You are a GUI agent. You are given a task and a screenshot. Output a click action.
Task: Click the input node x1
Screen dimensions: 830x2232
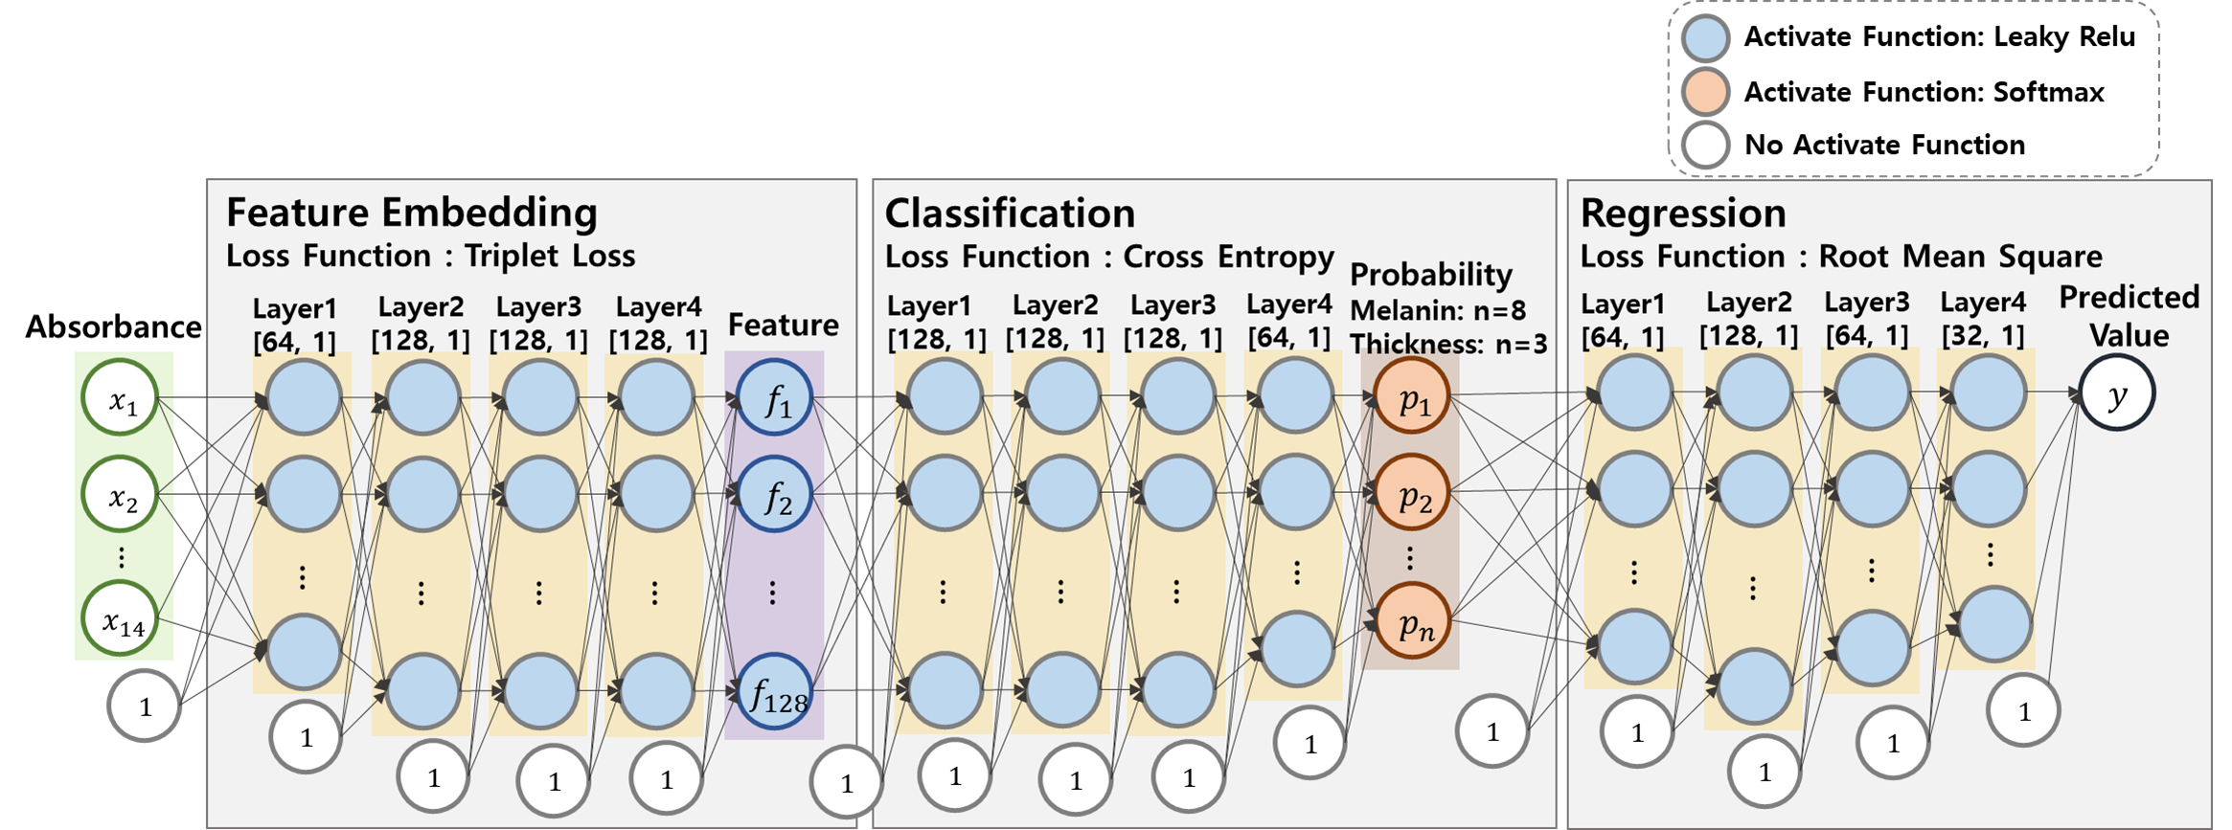pyautogui.click(x=121, y=398)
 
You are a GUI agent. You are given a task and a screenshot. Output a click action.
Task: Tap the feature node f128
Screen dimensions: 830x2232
pyautogui.click(x=775, y=692)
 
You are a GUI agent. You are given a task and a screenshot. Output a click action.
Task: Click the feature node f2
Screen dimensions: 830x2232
pyautogui.click(x=775, y=495)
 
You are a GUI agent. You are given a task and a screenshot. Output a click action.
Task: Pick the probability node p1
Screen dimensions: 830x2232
pyautogui.click(x=1412, y=396)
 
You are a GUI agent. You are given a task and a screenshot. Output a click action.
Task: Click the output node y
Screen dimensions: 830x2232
pyautogui.click(x=2117, y=393)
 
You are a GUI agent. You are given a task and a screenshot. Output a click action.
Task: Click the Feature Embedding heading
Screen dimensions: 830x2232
pyautogui.click(x=412, y=213)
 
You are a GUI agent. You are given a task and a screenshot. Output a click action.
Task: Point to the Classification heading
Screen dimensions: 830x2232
pyautogui.click(x=1010, y=213)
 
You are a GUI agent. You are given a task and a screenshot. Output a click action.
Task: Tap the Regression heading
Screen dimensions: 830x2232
pyautogui.click(x=1683, y=213)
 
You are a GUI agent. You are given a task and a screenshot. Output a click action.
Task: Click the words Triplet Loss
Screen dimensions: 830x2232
pyautogui.click(x=550, y=257)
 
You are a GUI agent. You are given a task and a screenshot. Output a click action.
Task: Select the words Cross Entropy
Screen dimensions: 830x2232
pyautogui.click(x=1228, y=257)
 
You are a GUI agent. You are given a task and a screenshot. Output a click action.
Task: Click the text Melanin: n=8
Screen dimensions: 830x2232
pyautogui.click(x=1438, y=310)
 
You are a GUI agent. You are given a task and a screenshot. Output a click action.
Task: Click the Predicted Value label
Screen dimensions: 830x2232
pyautogui.click(x=2129, y=316)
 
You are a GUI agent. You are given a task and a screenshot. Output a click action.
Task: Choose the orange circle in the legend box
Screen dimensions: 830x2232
pyautogui.click(x=1705, y=93)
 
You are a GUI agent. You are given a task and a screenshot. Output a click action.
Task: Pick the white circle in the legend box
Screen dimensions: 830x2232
pyautogui.click(x=1705, y=146)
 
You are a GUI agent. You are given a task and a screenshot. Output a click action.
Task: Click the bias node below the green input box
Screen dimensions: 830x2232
pyautogui.click(x=144, y=707)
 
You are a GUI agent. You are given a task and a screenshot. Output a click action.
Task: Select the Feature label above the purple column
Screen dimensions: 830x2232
pyautogui.click(x=783, y=325)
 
